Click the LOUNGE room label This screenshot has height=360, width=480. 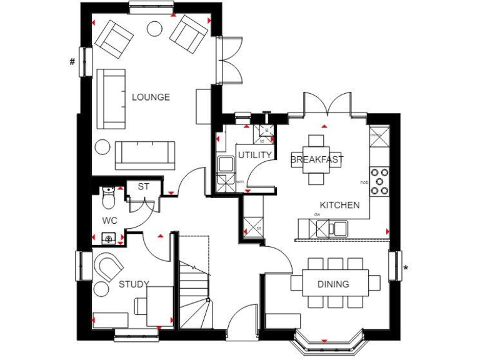[151, 97]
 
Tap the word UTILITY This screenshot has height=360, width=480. [254, 155]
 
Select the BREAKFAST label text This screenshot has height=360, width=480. [317, 160]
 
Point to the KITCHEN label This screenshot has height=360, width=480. [339, 205]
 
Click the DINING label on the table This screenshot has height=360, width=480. [333, 284]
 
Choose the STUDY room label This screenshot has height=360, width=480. [134, 285]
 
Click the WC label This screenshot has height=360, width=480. [110, 221]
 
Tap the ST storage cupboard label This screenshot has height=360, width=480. [144, 186]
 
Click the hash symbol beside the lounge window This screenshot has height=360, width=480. [72, 61]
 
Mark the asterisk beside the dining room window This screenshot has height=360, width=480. [406, 269]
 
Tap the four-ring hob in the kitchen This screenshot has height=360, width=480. [379, 181]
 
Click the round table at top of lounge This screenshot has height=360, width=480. [154, 28]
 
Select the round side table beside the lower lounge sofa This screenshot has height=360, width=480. [102, 147]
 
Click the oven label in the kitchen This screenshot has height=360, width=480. [375, 134]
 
